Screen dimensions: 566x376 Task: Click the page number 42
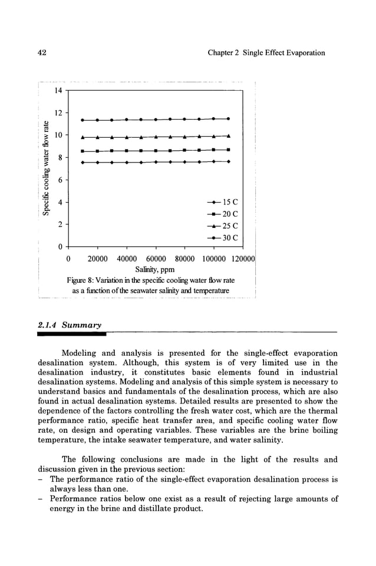[42, 53]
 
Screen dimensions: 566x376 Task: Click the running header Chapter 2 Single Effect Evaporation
[266, 53]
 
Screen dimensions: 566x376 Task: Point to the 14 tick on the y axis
[57, 91]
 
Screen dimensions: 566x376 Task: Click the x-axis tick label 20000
[97, 259]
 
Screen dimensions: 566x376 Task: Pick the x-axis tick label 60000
[156, 259]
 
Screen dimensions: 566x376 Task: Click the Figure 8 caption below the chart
[150, 285]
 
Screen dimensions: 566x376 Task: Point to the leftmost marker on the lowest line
[83, 162]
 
